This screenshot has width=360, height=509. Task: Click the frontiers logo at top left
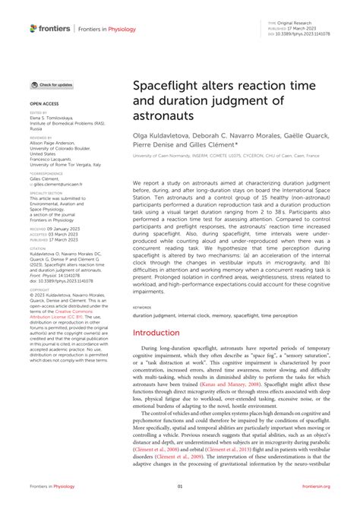pos(50,28)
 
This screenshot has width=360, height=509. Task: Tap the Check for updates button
pos(52,85)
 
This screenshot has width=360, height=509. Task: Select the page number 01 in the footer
pos(180,486)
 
